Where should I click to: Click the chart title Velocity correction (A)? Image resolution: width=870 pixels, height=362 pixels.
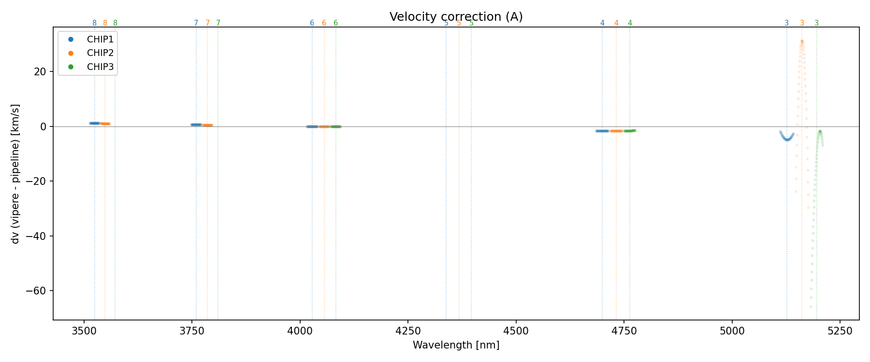456,17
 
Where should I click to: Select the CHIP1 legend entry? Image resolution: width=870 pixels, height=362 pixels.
100,40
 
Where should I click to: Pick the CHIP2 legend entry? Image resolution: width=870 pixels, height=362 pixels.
100,53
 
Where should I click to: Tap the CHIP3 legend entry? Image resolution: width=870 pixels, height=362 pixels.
100,67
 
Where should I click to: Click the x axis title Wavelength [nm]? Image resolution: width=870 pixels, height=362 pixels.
456,345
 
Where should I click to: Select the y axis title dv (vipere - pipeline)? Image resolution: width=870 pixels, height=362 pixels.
15,174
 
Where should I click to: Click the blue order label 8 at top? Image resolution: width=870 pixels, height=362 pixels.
94,23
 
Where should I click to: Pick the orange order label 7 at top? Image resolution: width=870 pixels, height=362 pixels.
207,23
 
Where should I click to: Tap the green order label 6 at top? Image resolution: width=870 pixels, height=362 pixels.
335,23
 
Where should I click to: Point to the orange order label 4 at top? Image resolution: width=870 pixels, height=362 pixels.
616,23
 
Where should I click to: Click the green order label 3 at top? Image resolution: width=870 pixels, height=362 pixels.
816,23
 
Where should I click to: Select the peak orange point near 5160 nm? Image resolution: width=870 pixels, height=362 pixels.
802,42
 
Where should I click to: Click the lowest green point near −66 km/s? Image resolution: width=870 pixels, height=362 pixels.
811,306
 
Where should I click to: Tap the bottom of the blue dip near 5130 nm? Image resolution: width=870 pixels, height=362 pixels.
787,139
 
